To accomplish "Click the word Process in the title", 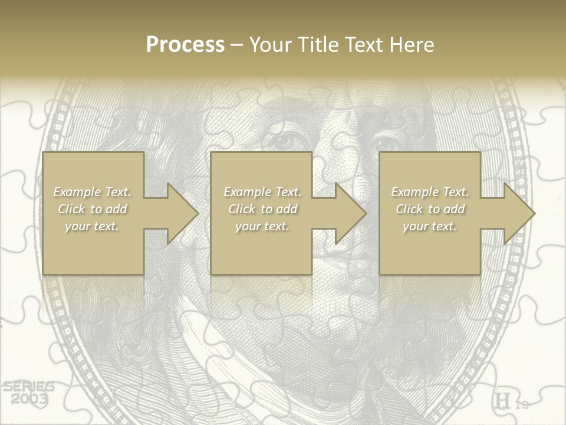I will coord(185,45).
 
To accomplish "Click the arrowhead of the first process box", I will coord(183,213).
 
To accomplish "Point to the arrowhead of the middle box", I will coord(351,213).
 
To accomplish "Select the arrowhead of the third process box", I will coord(519,213).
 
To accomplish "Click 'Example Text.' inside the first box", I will coord(92,192).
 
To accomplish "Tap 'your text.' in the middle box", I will coord(262,226).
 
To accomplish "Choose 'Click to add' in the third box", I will coord(430,209).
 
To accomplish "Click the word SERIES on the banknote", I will coord(28,387).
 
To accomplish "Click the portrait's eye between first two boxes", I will coord(291,142).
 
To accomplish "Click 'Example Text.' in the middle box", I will coord(262,192).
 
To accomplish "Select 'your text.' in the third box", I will coord(430,226).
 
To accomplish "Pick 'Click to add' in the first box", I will coord(92,209).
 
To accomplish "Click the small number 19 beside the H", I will coord(522,404).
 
